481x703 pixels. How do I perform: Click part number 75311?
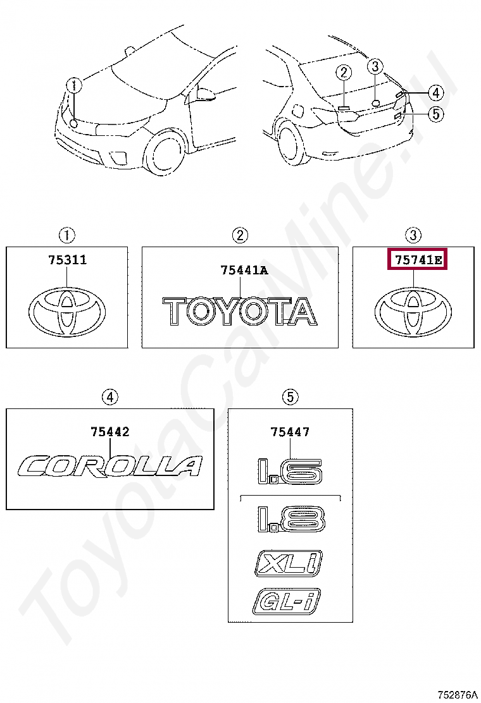pyautogui.click(x=66, y=260)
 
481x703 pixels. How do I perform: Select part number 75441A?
pyautogui.click(x=244, y=271)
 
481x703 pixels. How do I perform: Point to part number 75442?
pyautogui.click(x=110, y=432)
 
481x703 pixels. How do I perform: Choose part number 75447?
pyautogui.click(x=290, y=432)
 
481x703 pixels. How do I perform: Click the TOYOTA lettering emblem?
pyautogui.click(x=240, y=312)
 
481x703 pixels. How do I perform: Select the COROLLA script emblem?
pyautogui.click(x=111, y=466)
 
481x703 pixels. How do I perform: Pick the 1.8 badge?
pyautogui.click(x=290, y=519)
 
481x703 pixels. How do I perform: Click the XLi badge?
pyautogui.click(x=289, y=563)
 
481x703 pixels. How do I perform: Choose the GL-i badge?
pyautogui.click(x=287, y=601)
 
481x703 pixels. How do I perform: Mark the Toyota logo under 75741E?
pyautogui.click(x=413, y=312)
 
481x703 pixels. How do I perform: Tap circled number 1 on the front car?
pyautogui.click(x=74, y=85)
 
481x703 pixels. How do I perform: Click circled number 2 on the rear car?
pyautogui.click(x=344, y=73)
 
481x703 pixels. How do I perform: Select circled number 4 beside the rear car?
pyautogui.click(x=435, y=93)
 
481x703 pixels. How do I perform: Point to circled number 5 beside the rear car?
pyautogui.click(x=435, y=114)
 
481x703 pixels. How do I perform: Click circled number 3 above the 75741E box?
pyautogui.click(x=413, y=236)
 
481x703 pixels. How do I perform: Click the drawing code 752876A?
pyautogui.click(x=457, y=695)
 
